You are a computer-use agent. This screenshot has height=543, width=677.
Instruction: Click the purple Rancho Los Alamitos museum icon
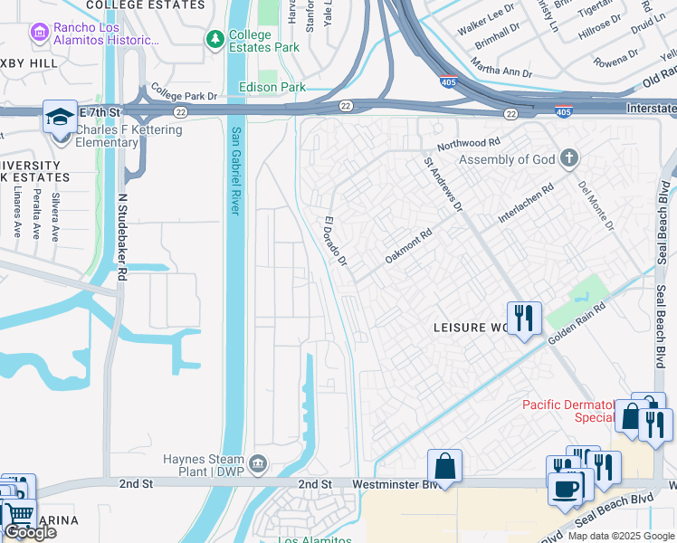point(39,33)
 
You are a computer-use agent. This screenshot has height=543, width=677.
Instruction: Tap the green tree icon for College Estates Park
point(215,39)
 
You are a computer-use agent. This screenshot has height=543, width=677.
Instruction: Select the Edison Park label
point(272,87)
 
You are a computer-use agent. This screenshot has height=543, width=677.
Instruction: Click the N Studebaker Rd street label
point(121,240)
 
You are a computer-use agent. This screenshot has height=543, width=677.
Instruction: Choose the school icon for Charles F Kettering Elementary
point(60,117)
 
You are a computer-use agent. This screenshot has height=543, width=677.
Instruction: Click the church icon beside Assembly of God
point(568,159)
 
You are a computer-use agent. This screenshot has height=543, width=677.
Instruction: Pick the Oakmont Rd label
point(409,244)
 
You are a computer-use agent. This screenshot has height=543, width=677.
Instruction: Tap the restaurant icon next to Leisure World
point(524,319)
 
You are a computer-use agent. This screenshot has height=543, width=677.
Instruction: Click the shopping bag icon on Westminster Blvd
point(444,466)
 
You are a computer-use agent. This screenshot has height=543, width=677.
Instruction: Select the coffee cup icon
point(567,488)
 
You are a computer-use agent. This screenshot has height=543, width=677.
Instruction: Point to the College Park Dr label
point(185,93)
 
